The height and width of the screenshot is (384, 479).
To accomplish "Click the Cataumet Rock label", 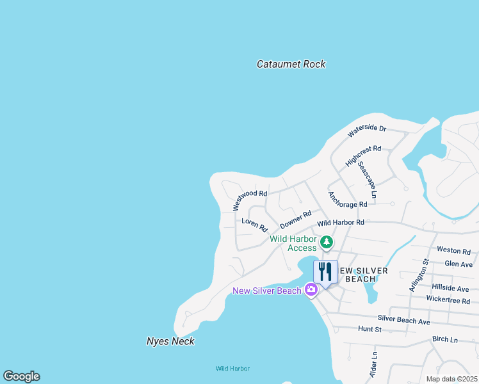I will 291,64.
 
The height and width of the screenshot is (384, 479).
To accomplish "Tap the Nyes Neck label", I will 170,341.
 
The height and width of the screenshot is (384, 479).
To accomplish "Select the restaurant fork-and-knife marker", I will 325,272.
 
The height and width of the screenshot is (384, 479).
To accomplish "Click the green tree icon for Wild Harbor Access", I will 327,242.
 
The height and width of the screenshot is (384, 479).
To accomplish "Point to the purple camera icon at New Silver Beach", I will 311,290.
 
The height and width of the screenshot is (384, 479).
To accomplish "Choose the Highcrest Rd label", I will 363,156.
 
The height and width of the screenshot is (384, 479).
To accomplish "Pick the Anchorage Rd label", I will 347,199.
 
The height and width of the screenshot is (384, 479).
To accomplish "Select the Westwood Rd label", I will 250,200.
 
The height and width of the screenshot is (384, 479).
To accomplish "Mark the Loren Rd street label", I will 254,225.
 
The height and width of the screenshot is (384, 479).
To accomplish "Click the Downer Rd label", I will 295,220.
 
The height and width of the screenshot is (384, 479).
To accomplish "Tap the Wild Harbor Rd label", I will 341,223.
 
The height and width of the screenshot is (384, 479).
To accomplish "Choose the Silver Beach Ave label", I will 403,320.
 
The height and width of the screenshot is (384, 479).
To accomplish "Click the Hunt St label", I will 369,329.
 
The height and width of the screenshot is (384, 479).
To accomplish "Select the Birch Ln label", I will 445,339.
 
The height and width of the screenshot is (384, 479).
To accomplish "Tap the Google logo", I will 21,376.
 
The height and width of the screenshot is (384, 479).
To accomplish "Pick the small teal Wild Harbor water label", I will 232,369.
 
